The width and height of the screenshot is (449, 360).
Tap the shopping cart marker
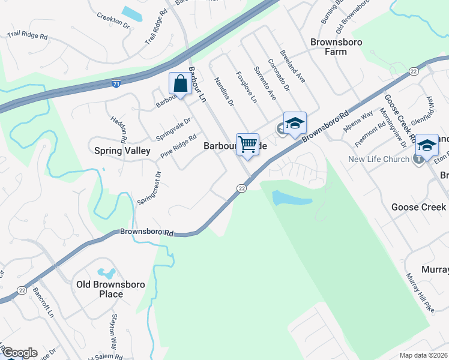pyautogui.click(x=247, y=145)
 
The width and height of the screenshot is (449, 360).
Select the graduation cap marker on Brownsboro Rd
pyautogui.click(x=295, y=124)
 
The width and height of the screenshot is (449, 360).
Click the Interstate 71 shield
pyautogui.click(x=115, y=85)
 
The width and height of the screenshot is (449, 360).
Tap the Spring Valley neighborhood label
pyautogui.click(x=122, y=151)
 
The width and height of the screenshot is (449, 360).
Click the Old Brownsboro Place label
pyautogui.click(x=100, y=289)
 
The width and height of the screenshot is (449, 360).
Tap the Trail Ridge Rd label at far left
pyautogui.click(x=27, y=35)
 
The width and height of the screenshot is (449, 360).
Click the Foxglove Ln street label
pyautogui.click(x=246, y=88)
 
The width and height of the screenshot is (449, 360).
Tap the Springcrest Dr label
pyautogui.click(x=149, y=187)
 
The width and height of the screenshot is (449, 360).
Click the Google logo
pyautogui.click(x=19, y=353)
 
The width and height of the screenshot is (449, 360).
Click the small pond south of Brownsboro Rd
pyautogui.click(x=292, y=198)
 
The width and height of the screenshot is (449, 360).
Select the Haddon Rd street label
pyautogui.click(x=118, y=129)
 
